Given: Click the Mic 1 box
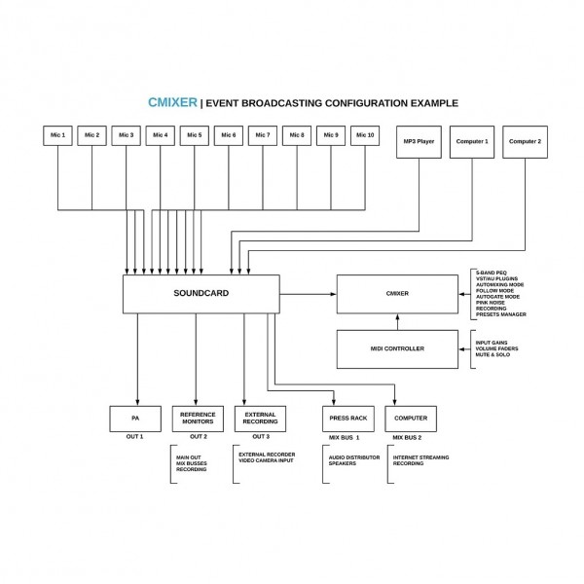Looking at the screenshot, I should point(58,135).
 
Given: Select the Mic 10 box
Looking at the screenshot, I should point(365,135).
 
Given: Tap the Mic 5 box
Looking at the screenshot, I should point(195,135).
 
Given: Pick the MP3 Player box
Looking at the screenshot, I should point(419,142).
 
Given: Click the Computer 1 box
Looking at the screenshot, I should point(472,142).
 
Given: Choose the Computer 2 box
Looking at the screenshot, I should point(526,142).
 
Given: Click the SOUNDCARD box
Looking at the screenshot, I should point(200,294).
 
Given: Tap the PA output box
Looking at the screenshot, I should point(135,419).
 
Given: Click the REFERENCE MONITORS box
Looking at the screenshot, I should point(198,419).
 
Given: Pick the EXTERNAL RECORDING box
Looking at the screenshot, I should point(260,419).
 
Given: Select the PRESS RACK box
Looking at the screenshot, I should point(347,419).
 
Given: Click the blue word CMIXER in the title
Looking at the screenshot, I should point(172,102).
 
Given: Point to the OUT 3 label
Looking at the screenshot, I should point(260,437).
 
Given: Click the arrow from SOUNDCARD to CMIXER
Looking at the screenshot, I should point(307,293).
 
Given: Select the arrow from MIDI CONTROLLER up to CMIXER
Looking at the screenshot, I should point(397,321).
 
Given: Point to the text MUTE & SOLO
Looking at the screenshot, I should point(493,354).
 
